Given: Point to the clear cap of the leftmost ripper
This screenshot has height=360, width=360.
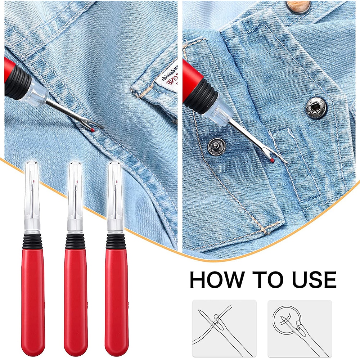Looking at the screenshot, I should (x=33, y=194).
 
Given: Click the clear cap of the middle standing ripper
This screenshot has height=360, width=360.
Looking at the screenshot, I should (x=75, y=194).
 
